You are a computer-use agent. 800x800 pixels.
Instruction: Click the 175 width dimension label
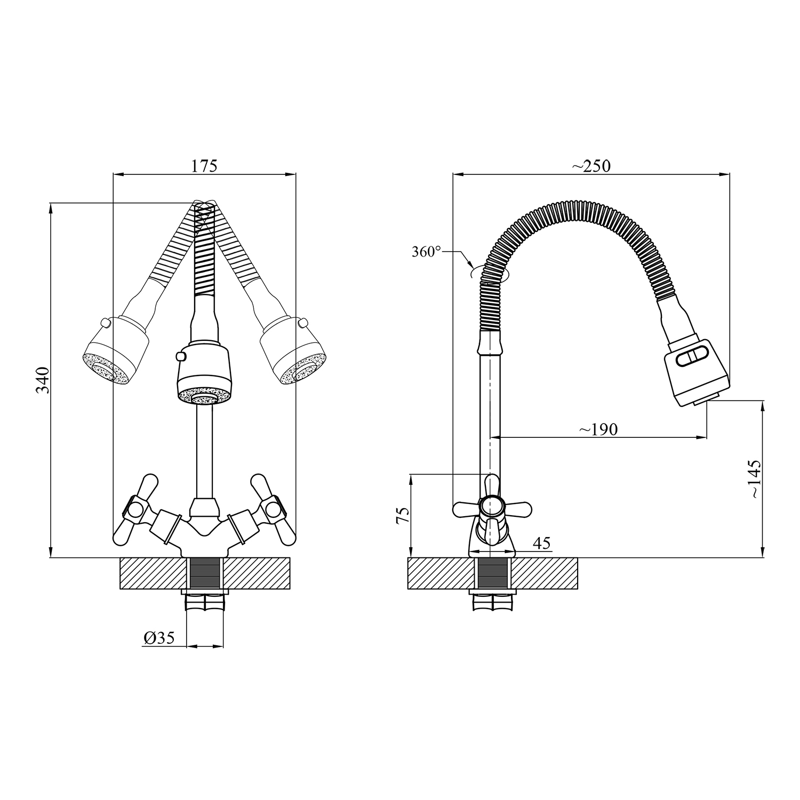[204, 166]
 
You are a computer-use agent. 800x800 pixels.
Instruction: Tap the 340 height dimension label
[43, 380]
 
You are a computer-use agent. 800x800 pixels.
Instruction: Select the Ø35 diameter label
[159, 638]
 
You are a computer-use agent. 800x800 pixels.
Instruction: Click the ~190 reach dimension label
[598, 429]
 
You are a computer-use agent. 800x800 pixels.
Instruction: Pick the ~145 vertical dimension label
[755, 478]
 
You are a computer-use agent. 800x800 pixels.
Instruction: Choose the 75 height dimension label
[403, 515]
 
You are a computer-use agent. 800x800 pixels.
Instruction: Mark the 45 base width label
[541, 543]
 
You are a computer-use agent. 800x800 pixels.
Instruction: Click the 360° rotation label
[426, 252]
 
